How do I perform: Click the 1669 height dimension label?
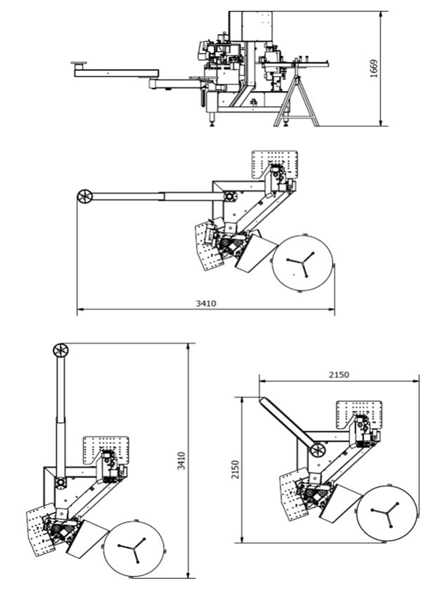(x=374, y=69)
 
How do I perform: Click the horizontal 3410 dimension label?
(x=206, y=304)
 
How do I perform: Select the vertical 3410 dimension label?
(x=181, y=461)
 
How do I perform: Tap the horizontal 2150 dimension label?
(x=339, y=375)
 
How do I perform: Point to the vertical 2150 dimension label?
(x=236, y=470)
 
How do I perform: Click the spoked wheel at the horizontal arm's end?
(x=85, y=197)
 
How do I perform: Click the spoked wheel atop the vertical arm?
(x=61, y=350)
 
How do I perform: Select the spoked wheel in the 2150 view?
(x=317, y=450)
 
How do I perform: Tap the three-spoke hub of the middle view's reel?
(x=302, y=263)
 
